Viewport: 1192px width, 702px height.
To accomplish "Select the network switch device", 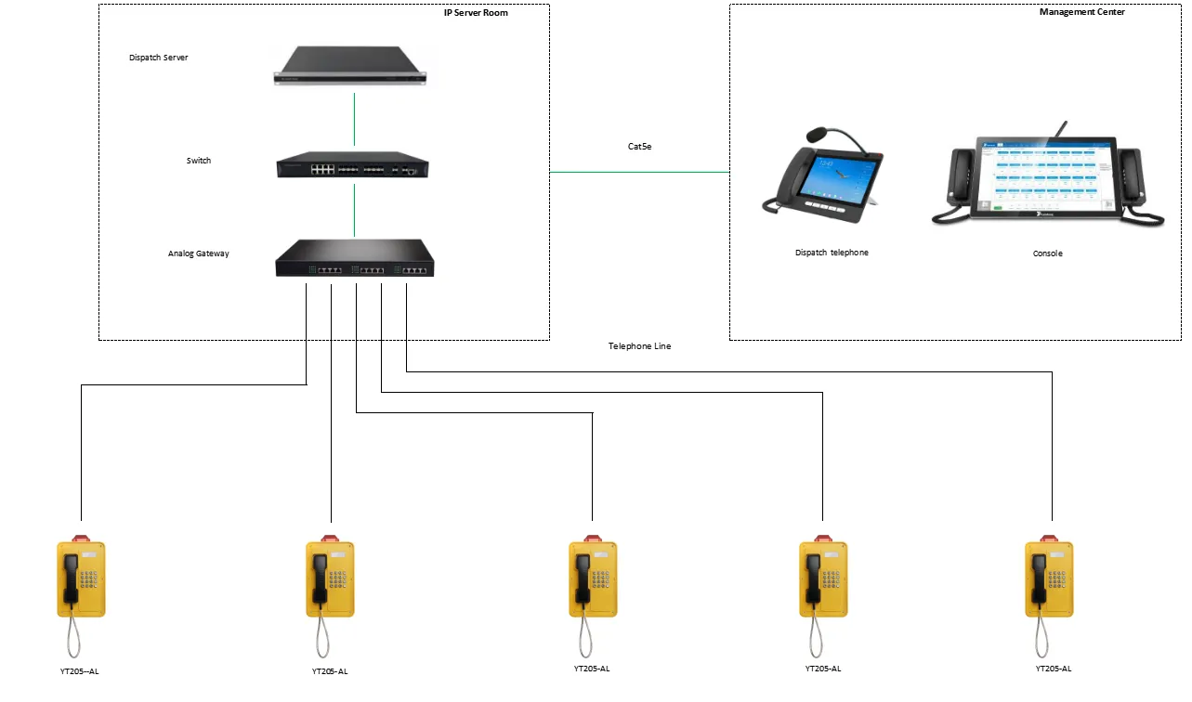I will click(352, 167).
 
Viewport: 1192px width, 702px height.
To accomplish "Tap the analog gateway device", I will click(354, 258).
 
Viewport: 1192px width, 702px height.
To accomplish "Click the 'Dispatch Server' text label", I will click(159, 58).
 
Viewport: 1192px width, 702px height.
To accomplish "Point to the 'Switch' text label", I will click(199, 161).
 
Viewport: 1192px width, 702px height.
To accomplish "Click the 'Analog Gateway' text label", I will click(199, 253).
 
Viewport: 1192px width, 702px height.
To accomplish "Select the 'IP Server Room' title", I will click(476, 12).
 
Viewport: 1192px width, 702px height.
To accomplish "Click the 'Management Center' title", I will click(1082, 12).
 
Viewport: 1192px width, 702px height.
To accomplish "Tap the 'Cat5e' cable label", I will click(640, 147).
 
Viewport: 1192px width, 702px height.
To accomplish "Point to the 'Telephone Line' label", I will click(639, 346).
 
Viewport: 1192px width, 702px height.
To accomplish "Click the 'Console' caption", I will click(1047, 253).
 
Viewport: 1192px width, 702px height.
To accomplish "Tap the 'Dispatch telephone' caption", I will click(832, 253).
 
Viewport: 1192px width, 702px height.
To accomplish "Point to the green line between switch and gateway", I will click(354, 210).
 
